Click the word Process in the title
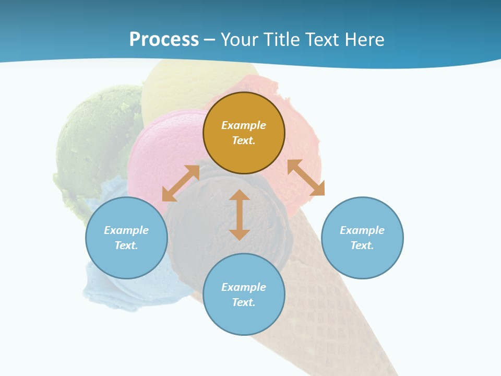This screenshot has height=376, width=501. click(164, 40)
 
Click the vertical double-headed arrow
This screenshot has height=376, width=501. click(240, 215)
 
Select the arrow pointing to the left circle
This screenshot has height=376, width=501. click(181, 183)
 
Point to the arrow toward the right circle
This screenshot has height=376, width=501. click(306, 178)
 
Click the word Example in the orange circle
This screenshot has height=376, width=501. click(244, 125)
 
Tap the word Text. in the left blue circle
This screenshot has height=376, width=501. click(126, 245)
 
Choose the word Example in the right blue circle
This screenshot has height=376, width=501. click(362, 230)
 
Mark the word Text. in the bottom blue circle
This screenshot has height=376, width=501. click(244, 302)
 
